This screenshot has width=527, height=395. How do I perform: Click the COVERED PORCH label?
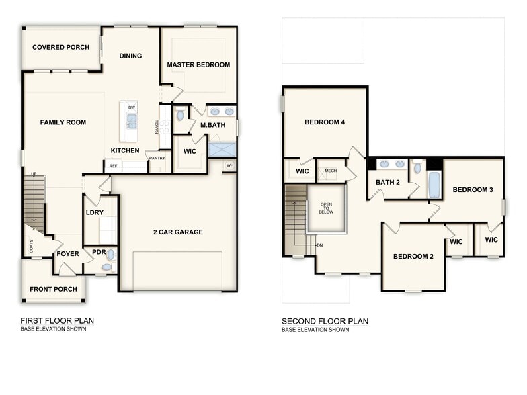coord(61,47)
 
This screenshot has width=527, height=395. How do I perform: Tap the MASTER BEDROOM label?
coord(198,64)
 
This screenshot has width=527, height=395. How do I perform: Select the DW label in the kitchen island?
coord(132,107)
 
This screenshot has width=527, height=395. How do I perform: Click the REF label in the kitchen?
coord(113,165)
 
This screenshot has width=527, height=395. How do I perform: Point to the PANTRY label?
coord(157,158)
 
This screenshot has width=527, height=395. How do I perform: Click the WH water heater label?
coord(230,165)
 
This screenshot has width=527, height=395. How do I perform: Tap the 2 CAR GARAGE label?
coord(177,232)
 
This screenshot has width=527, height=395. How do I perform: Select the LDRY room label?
coord(95,212)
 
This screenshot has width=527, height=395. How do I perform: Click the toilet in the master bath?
coord(180,116)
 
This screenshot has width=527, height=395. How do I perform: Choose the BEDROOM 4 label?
coord(325,122)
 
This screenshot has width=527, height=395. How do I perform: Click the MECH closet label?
coord(330,171)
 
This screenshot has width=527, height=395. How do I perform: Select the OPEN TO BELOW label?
coord(326,208)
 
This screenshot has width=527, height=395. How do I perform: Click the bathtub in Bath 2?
coord(434,184)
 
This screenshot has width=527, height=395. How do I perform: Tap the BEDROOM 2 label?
coord(413,256)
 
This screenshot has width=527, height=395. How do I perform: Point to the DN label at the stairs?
coord(320,245)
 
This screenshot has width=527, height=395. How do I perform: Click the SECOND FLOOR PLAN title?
coord(325,321)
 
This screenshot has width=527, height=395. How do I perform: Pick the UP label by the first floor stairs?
coord(34,174)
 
